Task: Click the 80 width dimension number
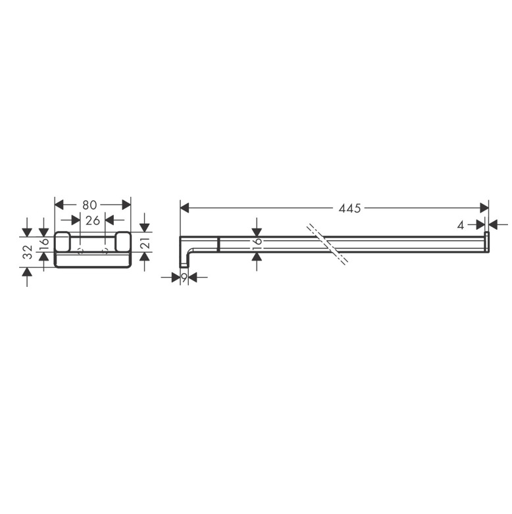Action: (90, 205)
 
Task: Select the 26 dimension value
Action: (92, 220)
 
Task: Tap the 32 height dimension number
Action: (29, 252)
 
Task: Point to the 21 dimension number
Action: (147, 243)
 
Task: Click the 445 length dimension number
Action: (349, 208)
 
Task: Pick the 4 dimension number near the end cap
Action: (461, 225)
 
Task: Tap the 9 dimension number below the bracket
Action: (184, 278)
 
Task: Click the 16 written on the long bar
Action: (257, 244)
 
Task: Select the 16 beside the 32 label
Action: (44, 244)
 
